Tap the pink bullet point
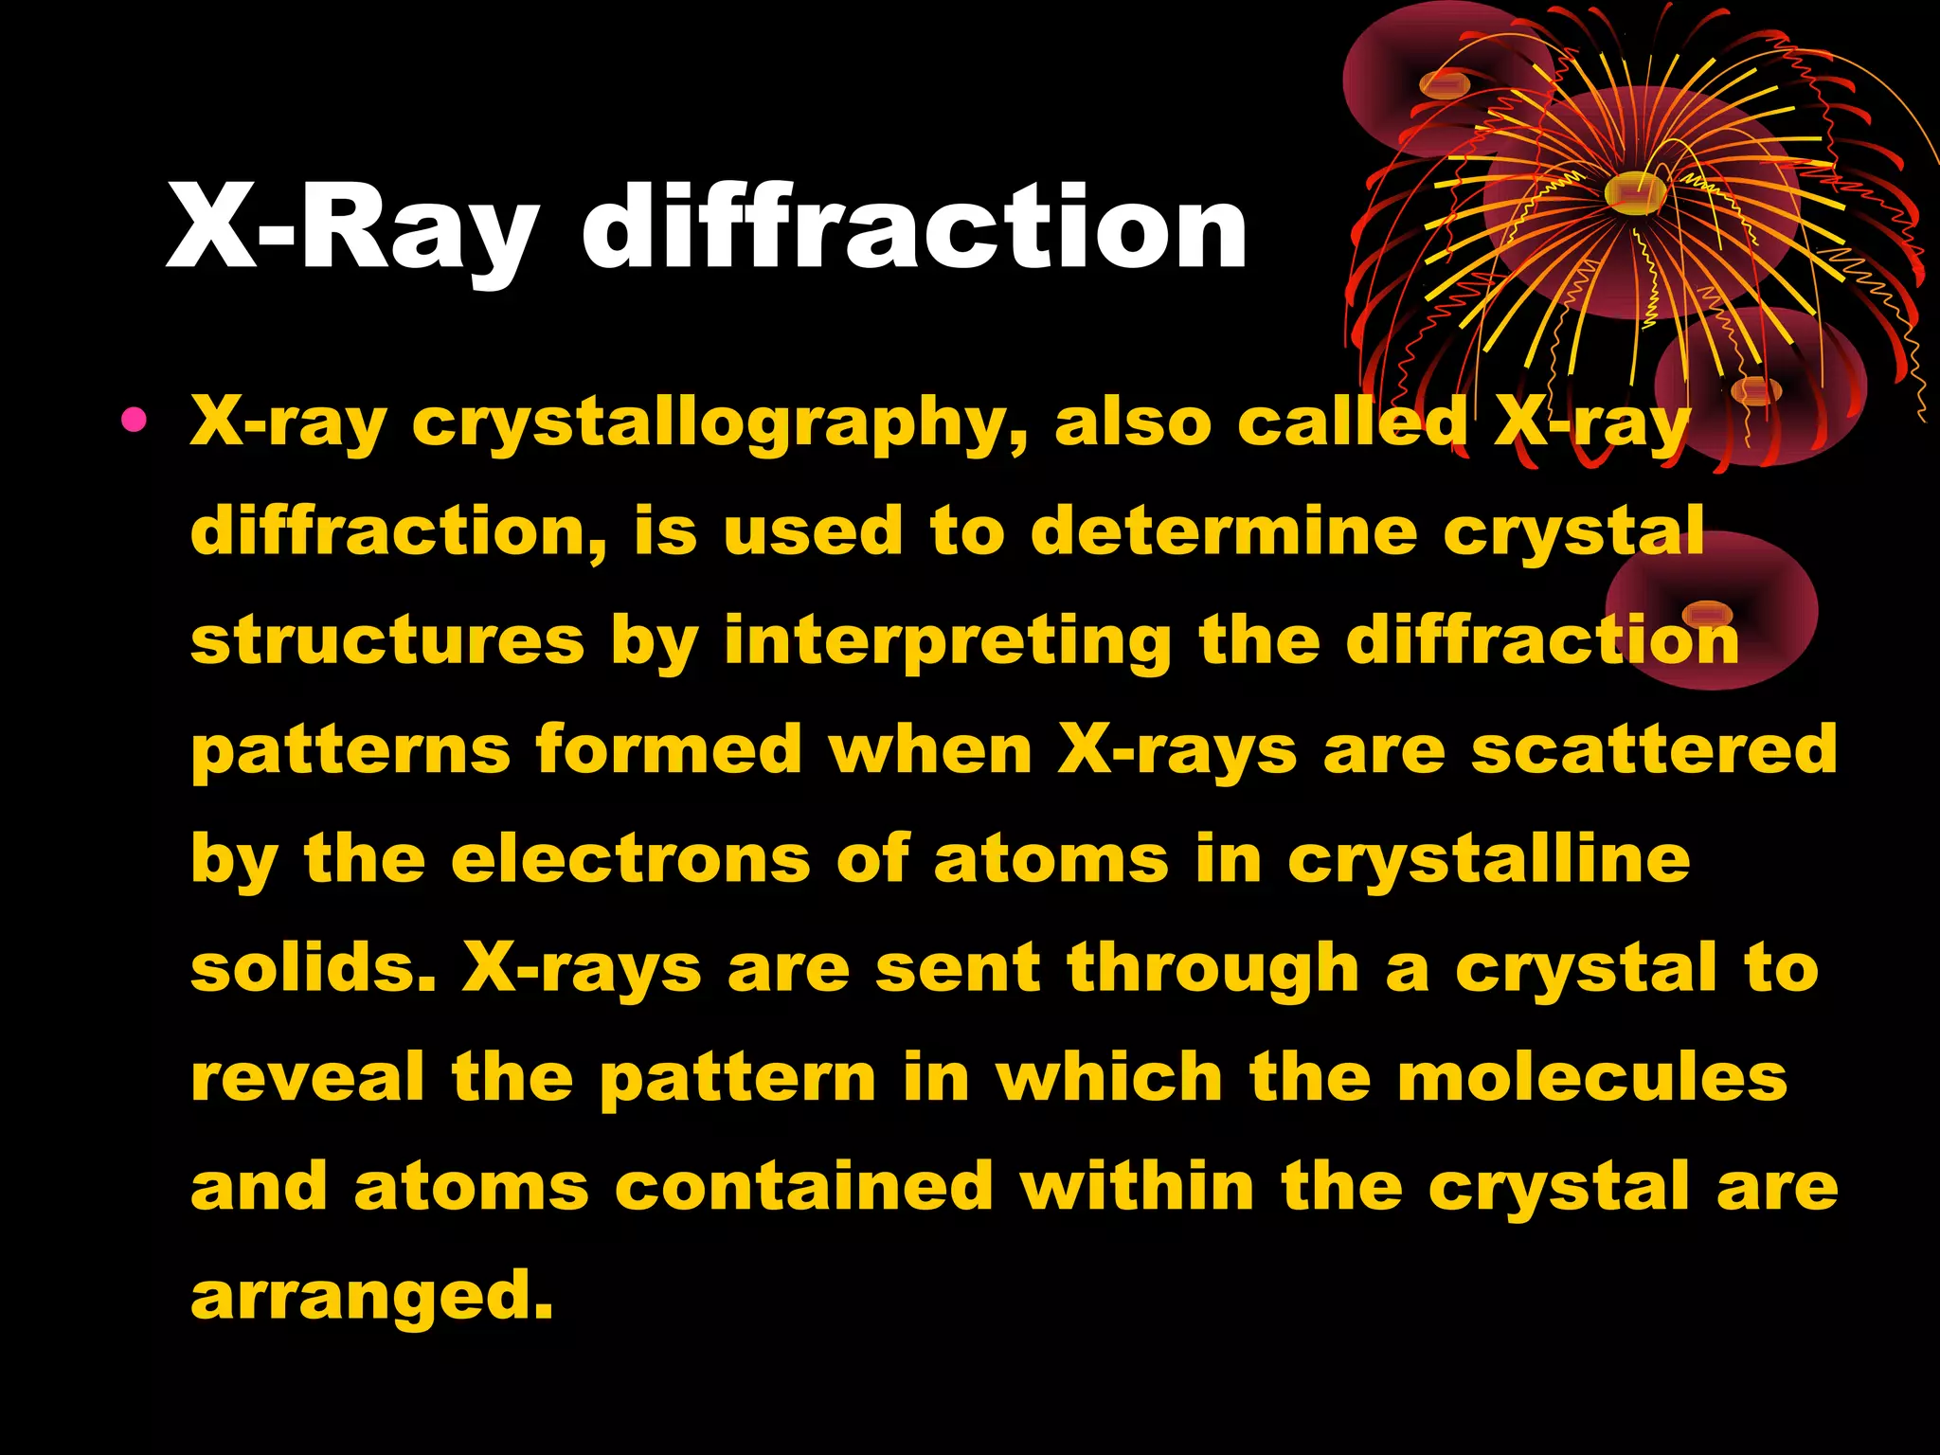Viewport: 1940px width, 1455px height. [x=135, y=420]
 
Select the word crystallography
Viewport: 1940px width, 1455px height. [x=720, y=422]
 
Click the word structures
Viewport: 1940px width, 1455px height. [x=387, y=640]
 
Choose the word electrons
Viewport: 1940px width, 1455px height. [x=631, y=859]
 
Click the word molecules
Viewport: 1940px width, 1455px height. [x=1592, y=1077]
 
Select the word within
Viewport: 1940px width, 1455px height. [x=1138, y=1186]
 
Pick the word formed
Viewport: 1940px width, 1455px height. [x=669, y=749]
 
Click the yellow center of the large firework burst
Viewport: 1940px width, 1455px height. [x=1636, y=192]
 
